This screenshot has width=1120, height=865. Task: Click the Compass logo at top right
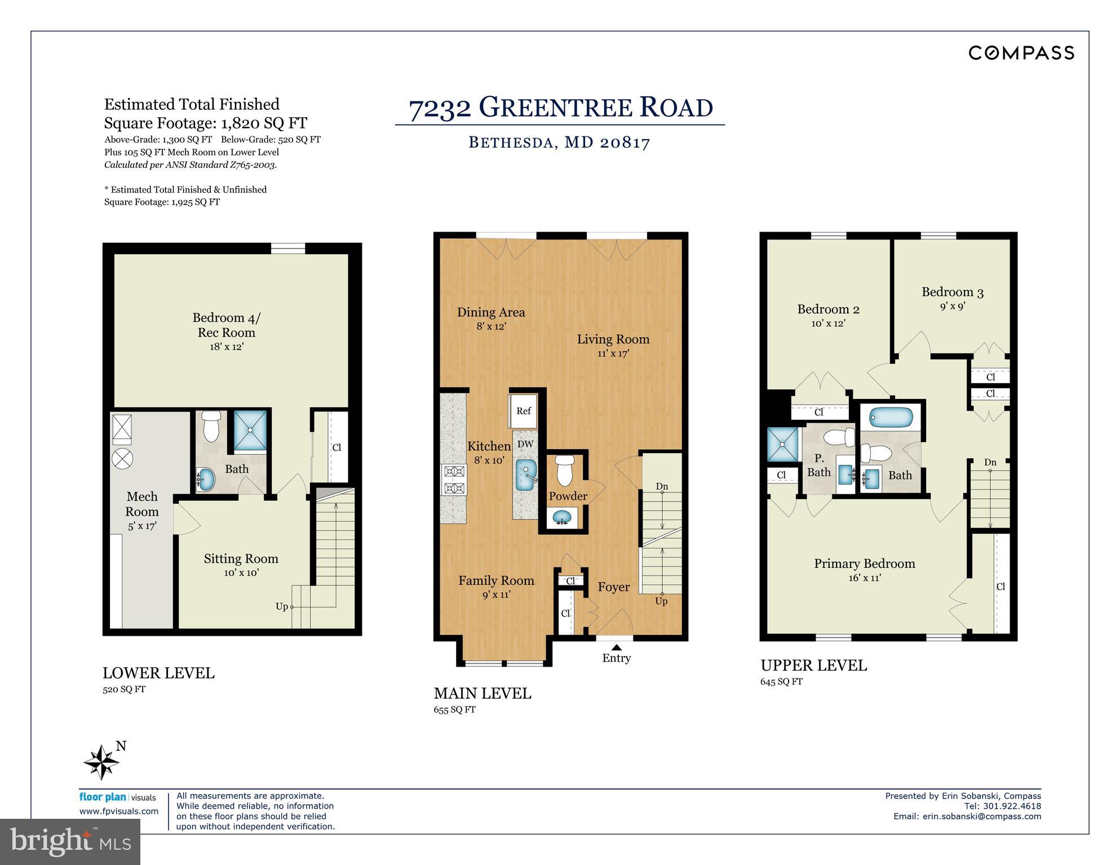(x=1021, y=53)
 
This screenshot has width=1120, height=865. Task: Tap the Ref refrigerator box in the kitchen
(x=523, y=411)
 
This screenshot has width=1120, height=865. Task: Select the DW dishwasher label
(x=525, y=444)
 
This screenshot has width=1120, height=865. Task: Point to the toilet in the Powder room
(x=565, y=471)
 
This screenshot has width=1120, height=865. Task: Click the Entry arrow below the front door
(x=617, y=647)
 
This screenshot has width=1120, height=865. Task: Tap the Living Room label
(x=613, y=339)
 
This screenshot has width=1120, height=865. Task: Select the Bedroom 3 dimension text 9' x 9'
(x=952, y=307)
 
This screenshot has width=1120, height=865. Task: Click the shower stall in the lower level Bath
(x=250, y=430)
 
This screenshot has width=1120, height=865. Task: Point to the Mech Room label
(x=142, y=504)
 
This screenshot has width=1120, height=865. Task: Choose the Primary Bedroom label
(x=864, y=564)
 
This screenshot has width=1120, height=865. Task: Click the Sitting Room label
(x=241, y=558)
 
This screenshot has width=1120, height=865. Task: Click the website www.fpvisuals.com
(x=119, y=811)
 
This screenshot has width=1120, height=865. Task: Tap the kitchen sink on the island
(x=526, y=476)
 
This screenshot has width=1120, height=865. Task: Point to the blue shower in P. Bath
(x=783, y=444)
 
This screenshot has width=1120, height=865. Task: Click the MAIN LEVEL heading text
(x=482, y=693)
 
